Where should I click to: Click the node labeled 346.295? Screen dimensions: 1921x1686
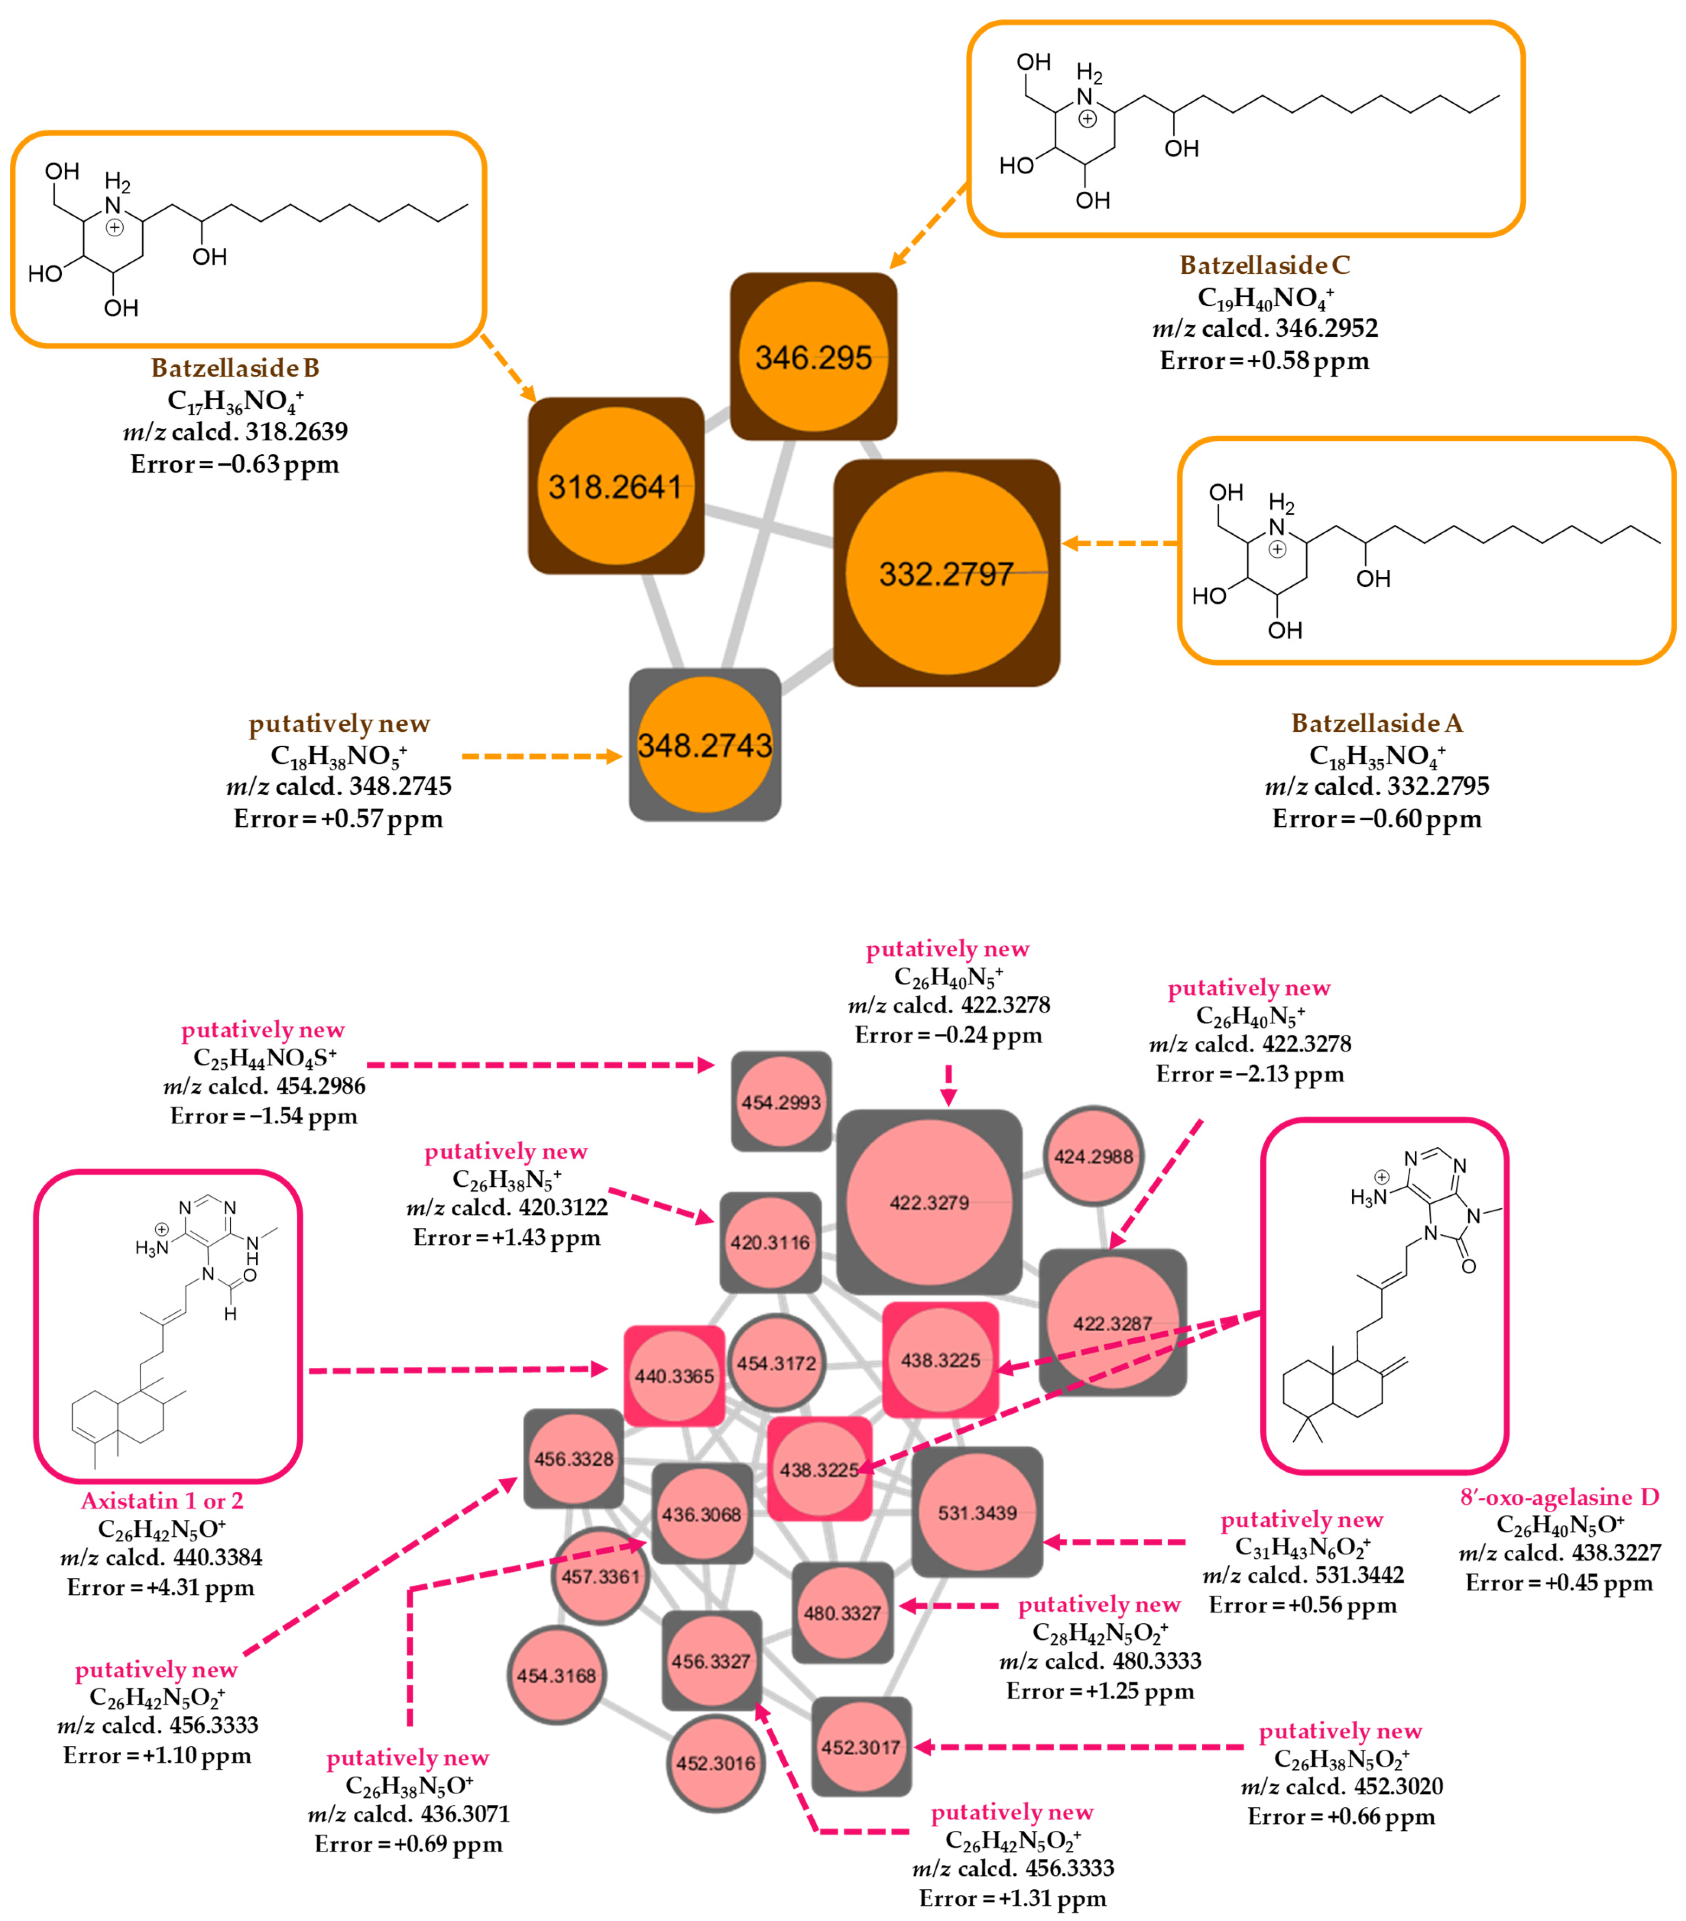813,357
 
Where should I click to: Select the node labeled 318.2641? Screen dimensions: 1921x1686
616,486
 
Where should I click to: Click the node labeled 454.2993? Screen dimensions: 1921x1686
781,1102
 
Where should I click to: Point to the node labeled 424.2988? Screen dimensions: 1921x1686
1093,1156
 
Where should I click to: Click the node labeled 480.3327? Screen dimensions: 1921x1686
842,1613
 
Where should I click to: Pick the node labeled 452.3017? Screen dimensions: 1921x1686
861,1747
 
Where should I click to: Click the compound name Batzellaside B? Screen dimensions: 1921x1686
235,368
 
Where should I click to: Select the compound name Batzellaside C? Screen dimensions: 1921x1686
1264,265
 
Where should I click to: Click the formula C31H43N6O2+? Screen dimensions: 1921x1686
1302,1547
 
